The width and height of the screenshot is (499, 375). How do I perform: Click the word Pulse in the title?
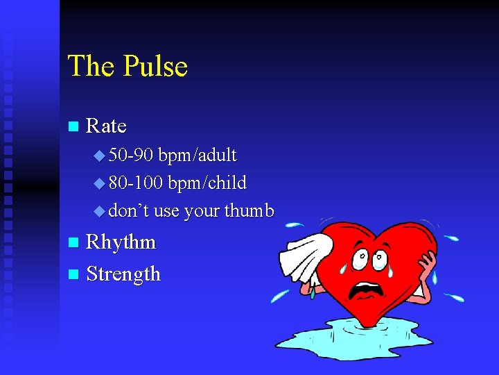156,67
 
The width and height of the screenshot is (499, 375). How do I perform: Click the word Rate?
106,126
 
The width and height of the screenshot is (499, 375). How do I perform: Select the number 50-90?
132,155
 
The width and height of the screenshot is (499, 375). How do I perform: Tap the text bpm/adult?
198,156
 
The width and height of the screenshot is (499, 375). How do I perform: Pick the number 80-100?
137,183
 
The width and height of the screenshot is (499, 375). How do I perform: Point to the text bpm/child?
207,183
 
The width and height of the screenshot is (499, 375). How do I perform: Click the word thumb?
249,210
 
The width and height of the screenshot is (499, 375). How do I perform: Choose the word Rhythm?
121,242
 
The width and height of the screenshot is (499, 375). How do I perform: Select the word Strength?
123,274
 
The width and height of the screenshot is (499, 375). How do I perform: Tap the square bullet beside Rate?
73,127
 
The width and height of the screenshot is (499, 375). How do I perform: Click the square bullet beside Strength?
73,275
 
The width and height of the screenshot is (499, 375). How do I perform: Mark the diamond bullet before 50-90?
98,156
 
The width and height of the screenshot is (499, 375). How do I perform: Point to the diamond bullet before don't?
98,211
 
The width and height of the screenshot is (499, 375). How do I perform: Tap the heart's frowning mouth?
364,292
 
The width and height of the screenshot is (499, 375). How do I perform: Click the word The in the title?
91,67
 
